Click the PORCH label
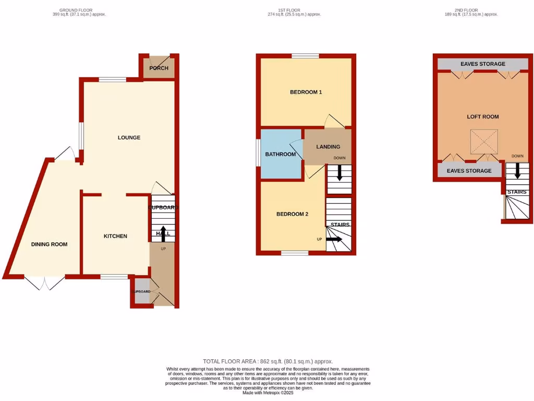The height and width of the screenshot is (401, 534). tap(159, 68)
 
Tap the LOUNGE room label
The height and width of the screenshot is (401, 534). tap(129, 138)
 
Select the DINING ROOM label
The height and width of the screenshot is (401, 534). tap(49, 244)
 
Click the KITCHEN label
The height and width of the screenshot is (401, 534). tap(115, 237)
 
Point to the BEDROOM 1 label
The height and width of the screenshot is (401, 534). tap(306, 92)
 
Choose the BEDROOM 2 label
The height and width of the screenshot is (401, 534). tap(292, 215)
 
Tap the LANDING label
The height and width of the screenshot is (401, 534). tap(328, 147)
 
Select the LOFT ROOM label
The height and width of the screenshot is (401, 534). tap(482, 117)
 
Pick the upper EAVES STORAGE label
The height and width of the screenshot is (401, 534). tap(482, 64)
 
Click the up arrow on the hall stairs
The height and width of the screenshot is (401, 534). tap(163, 233)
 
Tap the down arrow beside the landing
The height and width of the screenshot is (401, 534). tap(339, 173)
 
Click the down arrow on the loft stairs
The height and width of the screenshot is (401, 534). tap(517, 170)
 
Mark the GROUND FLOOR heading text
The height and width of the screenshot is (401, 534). tap(82, 10)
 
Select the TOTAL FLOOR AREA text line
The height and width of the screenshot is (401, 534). tap(268, 361)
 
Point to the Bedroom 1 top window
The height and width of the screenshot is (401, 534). tap(305, 56)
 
